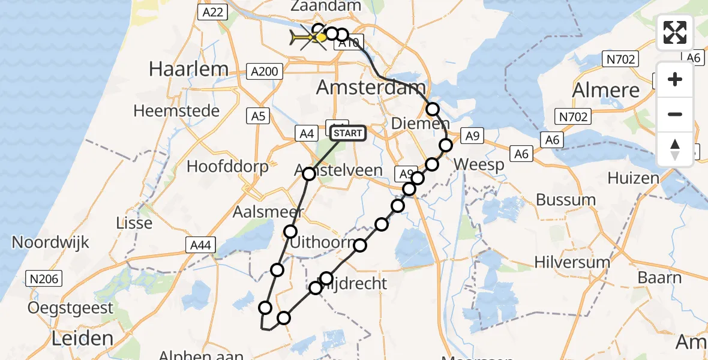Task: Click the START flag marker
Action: [x=347, y=133]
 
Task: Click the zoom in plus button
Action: [x=675, y=79]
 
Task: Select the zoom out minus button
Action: [x=675, y=114]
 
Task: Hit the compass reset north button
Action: [x=675, y=149]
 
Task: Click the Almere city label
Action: [x=606, y=90]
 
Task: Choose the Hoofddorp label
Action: [x=227, y=166]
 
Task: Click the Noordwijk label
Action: [x=51, y=242]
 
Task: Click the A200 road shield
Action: [x=264, y=72]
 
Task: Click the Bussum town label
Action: [x=566, y=200]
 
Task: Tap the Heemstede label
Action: [x=176, y=111]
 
